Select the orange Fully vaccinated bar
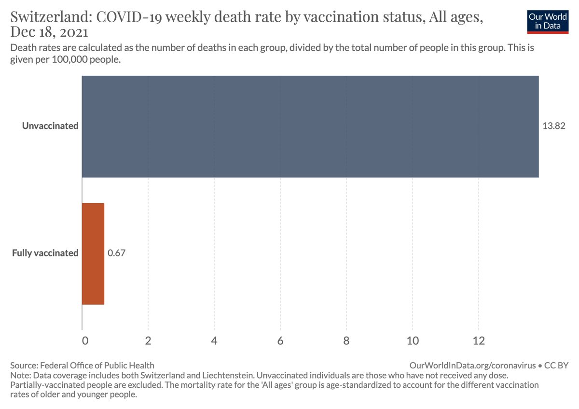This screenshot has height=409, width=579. point(93,254)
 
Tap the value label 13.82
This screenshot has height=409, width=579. point(554,126)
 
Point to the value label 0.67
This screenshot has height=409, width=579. point(117,253)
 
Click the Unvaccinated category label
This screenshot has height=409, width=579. point(50,126)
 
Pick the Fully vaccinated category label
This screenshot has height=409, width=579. point(45,253)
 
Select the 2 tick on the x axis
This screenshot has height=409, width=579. point(148,340)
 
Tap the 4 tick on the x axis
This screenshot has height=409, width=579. point(214,340)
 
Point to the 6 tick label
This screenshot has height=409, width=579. point(280,340)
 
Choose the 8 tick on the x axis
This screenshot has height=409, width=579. point(346,340)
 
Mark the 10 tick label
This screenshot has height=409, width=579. point(413,340)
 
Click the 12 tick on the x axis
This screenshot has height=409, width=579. point(478,340)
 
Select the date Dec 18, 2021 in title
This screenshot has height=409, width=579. point(49,33)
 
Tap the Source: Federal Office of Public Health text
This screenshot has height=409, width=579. point(82,366)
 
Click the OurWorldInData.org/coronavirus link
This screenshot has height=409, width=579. point(472,366)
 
